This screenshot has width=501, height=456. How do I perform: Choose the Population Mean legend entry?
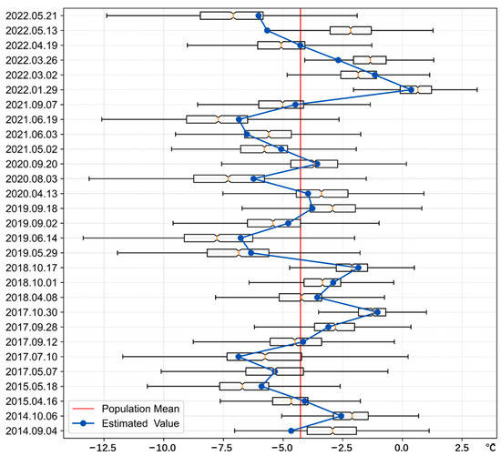pyautogui.click(x=139, y=408)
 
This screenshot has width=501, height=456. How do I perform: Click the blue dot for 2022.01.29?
pyautogui.click(x=412, y=89)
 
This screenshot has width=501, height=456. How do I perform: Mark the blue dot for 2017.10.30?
pyautogui.click(x=376, y=312)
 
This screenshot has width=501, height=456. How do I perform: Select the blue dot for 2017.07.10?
pyautogui.click(x=239, y=357)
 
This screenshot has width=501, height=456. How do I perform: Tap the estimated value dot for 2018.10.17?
pyautogui.click(x=358, y=268)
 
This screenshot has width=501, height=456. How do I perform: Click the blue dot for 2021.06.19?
pyautogui.click(x=240, y=119)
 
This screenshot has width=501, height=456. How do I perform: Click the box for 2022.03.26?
pyautogui.click(x=370, y=60)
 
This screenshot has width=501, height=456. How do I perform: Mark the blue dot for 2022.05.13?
pyautogui.click(x=267, y=30)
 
